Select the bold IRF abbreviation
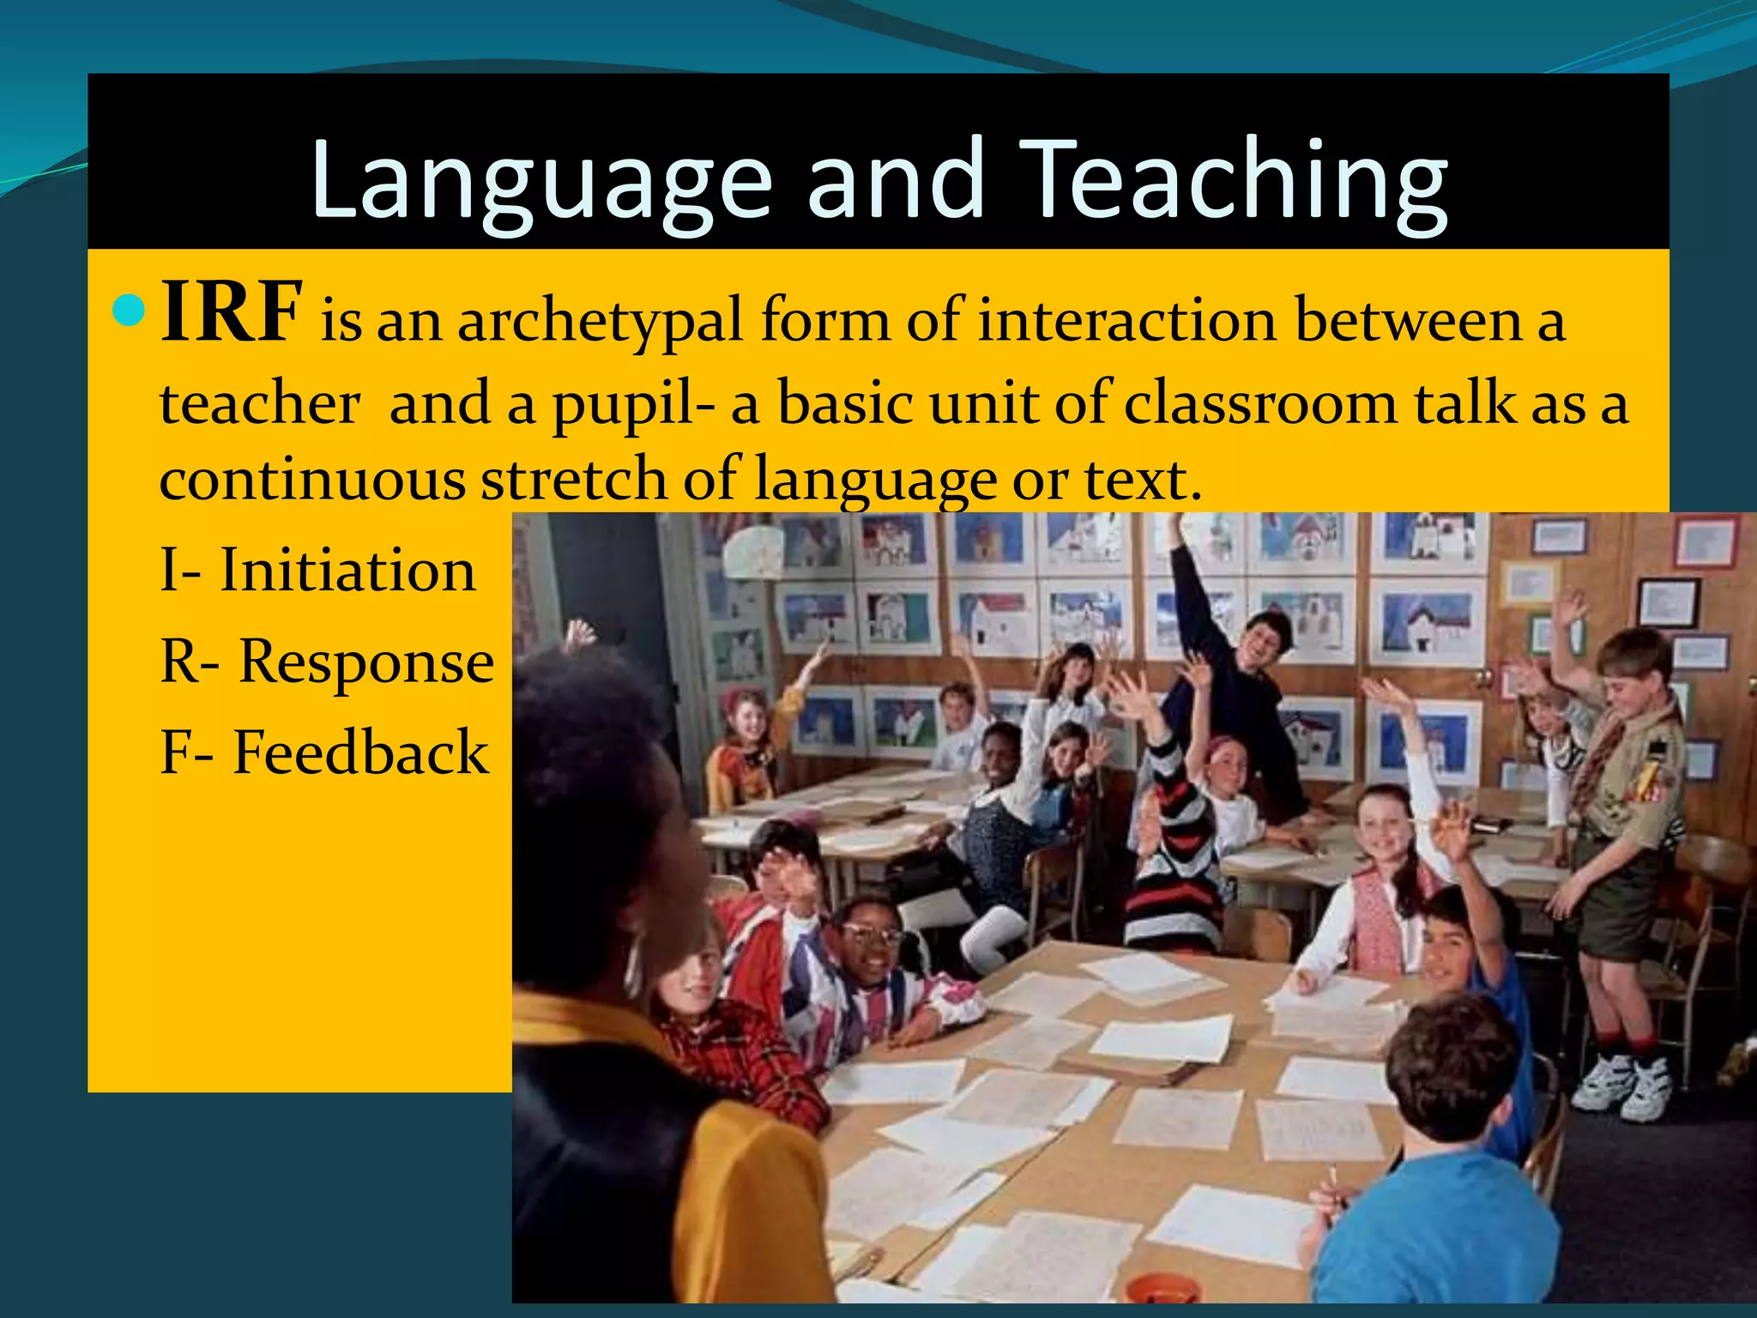pos(231,312)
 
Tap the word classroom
pos(1260,403)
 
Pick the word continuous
pos(312,480)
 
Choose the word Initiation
pos(347,571)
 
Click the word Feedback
pos(360,753)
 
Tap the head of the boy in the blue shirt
pos(1450,1073)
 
